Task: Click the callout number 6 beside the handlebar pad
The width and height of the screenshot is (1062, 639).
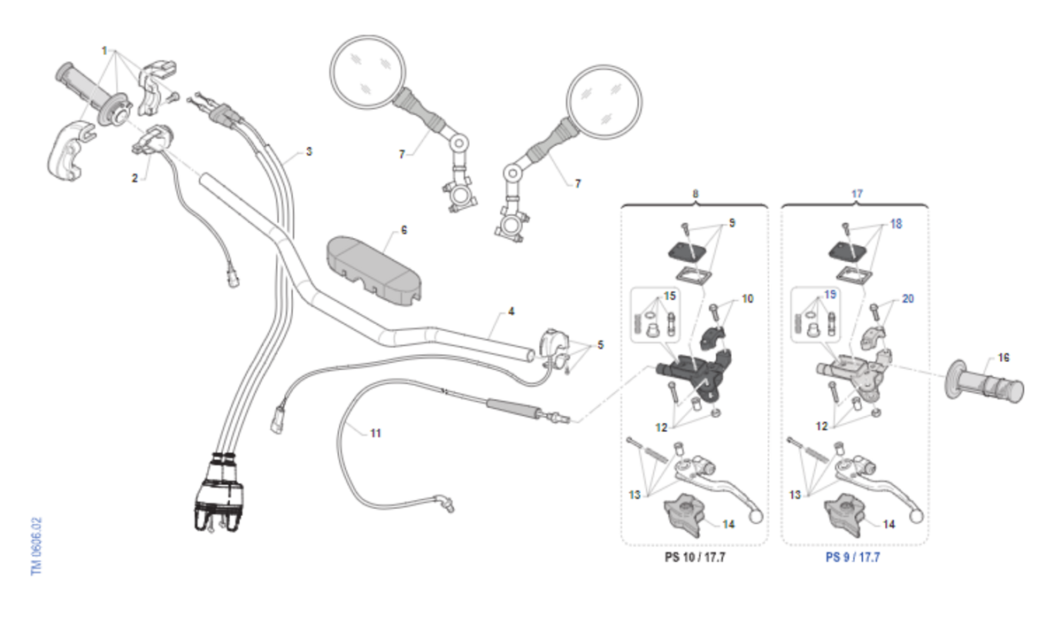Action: point(404,230)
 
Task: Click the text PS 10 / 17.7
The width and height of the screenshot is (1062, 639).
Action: point(695,558)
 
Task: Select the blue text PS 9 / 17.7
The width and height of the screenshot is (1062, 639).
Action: point(853,558)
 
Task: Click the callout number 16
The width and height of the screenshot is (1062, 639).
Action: point(1003,358)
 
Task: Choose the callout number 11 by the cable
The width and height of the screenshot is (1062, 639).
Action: point(375,434)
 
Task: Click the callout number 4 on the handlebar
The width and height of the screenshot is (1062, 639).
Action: point(511,312)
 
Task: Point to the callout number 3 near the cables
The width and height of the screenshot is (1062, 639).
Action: point(309,151)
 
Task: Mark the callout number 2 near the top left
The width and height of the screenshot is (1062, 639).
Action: point(135,178)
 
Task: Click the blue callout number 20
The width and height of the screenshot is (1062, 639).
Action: point(907,299)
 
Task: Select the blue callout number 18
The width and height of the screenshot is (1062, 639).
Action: point(896,225)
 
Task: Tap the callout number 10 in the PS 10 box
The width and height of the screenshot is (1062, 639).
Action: point(747,299)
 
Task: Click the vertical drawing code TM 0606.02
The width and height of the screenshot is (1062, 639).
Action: point(36,546)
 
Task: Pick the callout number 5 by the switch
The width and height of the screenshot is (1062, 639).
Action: point(601,344)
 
